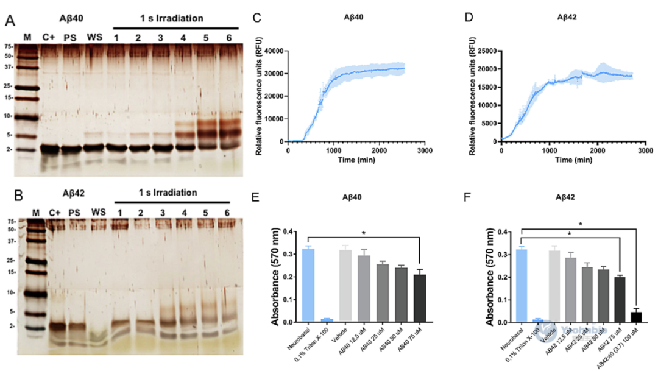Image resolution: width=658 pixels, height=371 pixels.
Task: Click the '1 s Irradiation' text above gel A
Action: (x=168, y=18)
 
